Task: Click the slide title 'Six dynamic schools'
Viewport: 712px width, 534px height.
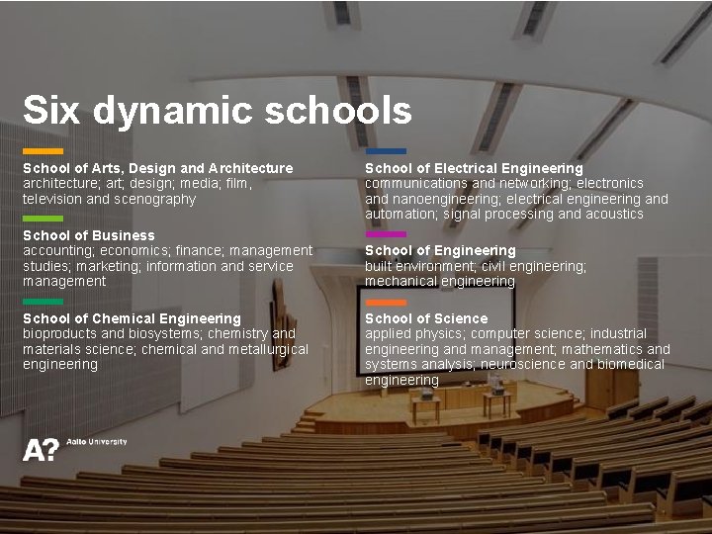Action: (217, 110)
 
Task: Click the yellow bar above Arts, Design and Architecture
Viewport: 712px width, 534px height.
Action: (43, 151)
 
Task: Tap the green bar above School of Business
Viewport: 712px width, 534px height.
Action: (43, 219)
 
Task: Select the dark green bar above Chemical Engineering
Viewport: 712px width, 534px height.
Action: (43, 302)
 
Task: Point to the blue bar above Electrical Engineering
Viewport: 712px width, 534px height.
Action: (386, 151)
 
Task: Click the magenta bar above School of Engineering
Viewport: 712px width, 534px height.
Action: (386, 234)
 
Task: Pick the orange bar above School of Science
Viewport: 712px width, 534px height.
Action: (386, 302)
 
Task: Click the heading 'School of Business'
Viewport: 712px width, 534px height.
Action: (89, 235)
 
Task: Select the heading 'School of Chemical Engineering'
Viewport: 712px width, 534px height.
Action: (132, 318)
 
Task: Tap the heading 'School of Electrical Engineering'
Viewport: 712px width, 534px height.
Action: (474, 168)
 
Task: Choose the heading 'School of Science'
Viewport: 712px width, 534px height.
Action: (426, 318)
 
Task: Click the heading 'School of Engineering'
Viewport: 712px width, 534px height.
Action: (440, 251)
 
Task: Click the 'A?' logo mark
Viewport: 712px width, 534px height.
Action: (41, 450)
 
